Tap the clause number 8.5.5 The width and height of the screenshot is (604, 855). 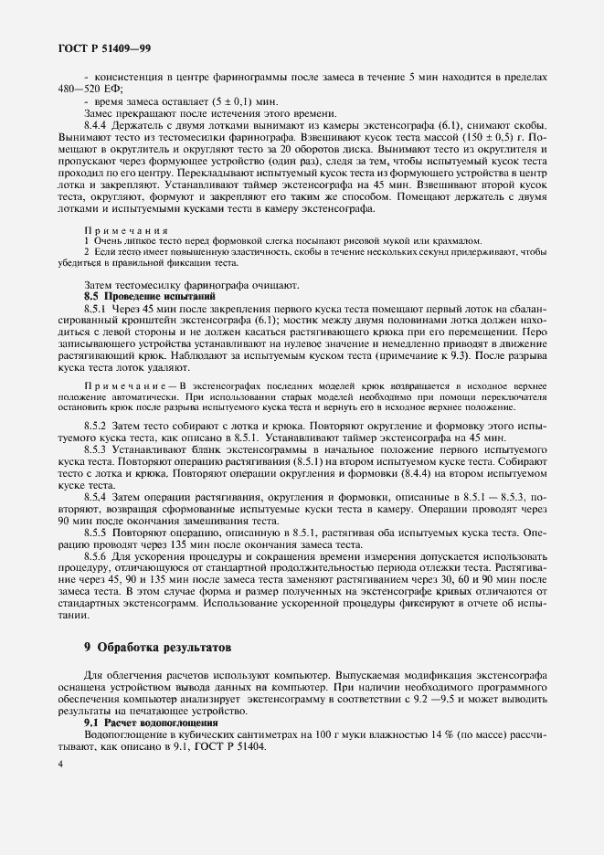pyautogui.click(x=98, y=531)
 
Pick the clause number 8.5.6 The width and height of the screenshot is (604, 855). pyautogui.click(x=98, y=554)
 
